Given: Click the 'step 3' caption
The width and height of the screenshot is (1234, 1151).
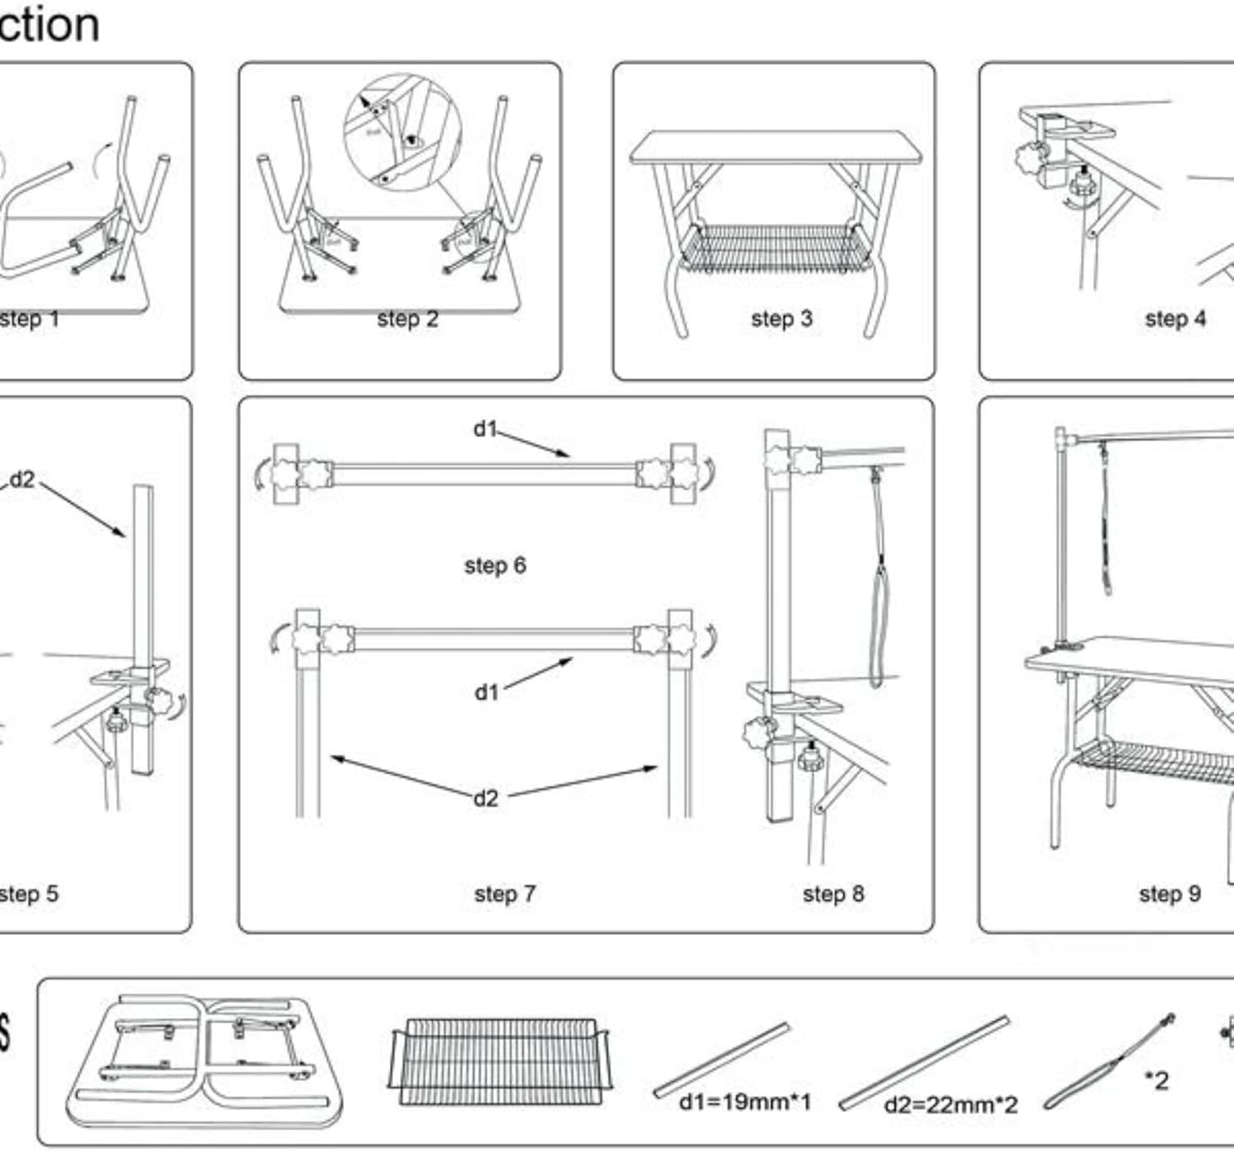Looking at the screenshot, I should (781, 318).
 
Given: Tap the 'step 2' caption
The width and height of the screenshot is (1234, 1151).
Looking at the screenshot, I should (407, 318).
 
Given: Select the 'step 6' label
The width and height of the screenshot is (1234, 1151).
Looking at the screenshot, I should (494, 565).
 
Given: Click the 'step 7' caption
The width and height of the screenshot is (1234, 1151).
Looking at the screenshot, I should (504, 893).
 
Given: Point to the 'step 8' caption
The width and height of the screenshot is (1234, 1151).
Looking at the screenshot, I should (833, 893).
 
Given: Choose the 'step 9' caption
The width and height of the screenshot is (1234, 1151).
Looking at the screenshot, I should (1170, 893).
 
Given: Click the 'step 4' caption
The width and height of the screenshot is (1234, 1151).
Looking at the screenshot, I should (1175, 318).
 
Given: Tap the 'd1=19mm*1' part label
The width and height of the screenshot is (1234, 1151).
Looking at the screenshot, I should (745, 1101).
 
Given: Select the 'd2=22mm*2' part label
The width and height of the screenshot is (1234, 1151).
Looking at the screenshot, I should (950, 1104).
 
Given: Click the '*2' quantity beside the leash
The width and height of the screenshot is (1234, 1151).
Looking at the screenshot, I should (1156, 1080).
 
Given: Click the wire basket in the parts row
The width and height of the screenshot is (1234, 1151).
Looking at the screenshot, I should (498, 1061).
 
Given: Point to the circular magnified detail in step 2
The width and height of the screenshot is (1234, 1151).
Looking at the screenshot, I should (403, 132).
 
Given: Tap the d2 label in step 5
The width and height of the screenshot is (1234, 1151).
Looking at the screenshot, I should (22, 480).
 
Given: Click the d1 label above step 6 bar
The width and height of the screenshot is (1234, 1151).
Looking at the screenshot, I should (485, 428).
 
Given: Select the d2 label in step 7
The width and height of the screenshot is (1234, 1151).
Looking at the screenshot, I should (485, 797).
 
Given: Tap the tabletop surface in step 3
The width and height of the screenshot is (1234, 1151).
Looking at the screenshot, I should (773, 146).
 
